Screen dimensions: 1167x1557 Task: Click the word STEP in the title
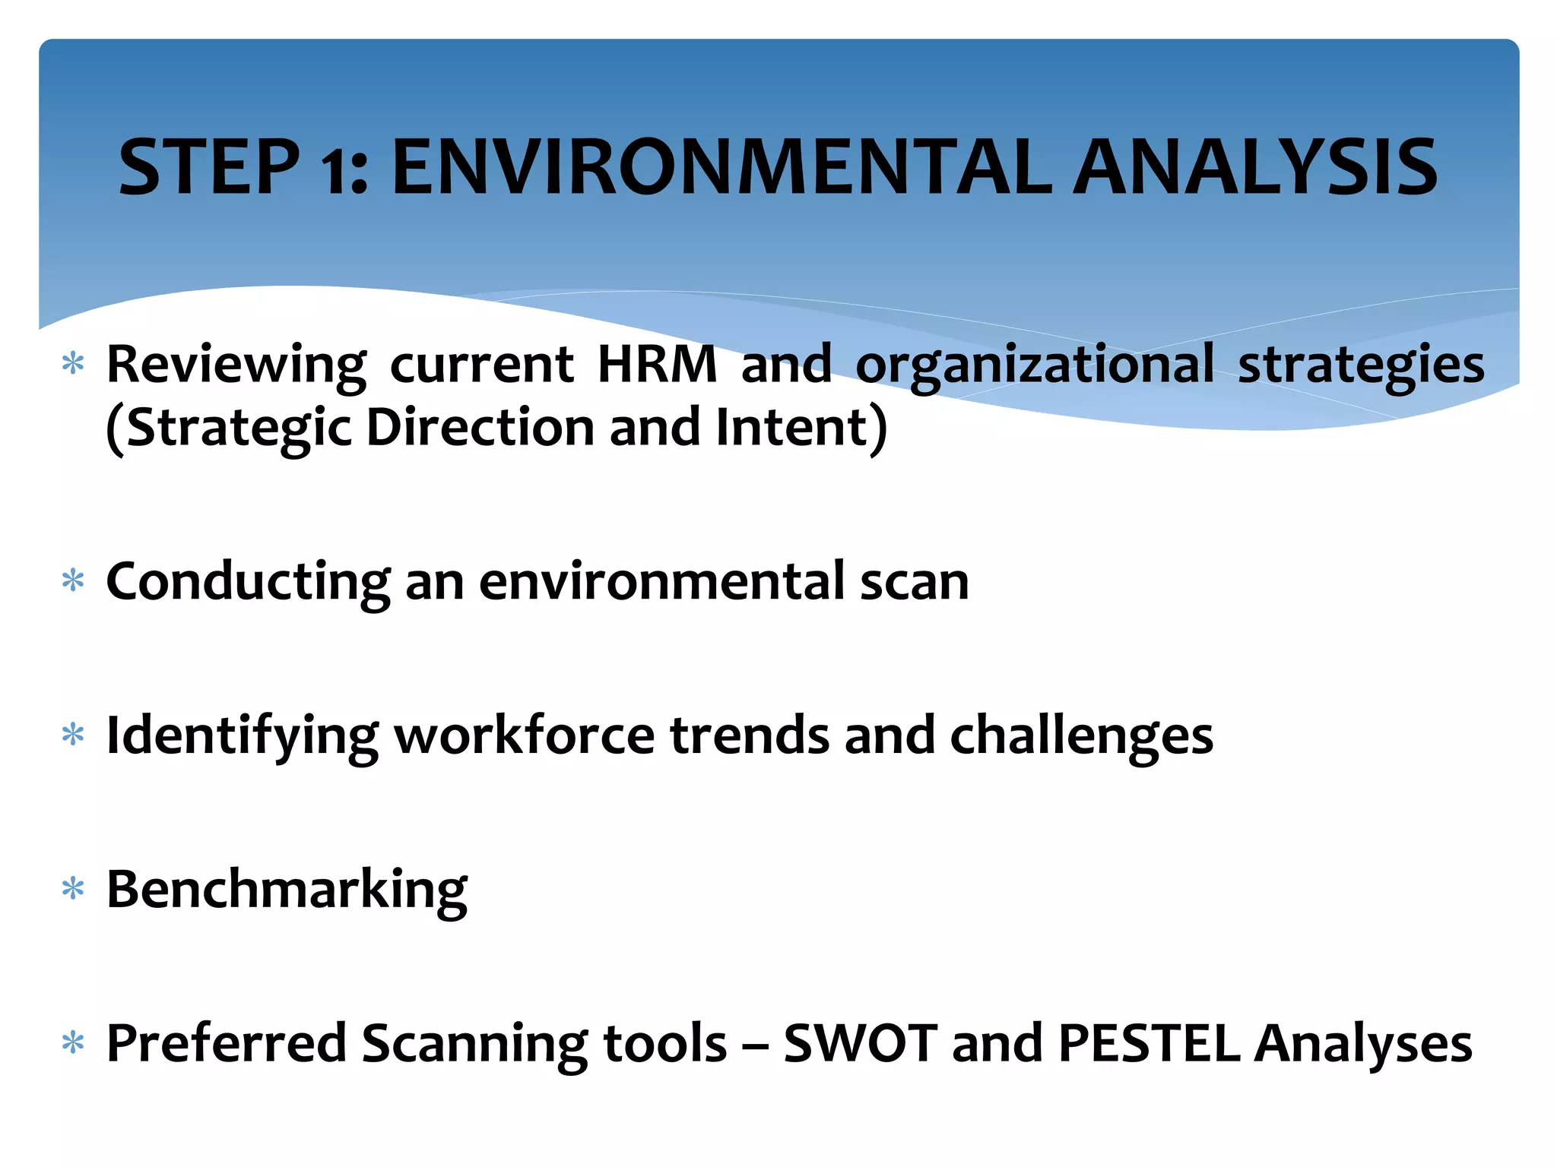[209, 167]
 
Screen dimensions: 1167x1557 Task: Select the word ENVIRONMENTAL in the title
[721, 167]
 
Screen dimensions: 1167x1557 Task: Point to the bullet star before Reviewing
[73, 364]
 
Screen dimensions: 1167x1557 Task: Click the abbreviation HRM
[657, 364]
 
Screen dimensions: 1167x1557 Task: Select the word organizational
[1035, 365]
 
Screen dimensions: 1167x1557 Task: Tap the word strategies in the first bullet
[1361, 365]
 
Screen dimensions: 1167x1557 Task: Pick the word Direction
[480, 427]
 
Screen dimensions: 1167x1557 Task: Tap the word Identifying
[242, 736]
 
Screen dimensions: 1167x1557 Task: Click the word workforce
[524, 736]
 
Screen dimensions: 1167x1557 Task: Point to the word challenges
[1081, 736]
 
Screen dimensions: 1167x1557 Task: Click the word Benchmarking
[287, 890]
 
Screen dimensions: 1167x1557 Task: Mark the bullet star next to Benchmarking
[73, 889]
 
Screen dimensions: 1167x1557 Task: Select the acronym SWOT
[860, 1043]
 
